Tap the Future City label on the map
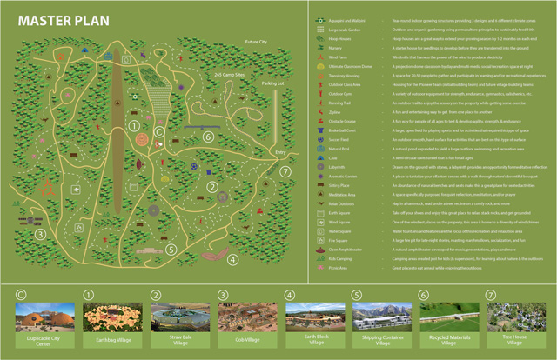257,42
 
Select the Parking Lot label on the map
272,84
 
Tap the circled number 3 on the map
39,233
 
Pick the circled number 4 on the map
232,258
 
